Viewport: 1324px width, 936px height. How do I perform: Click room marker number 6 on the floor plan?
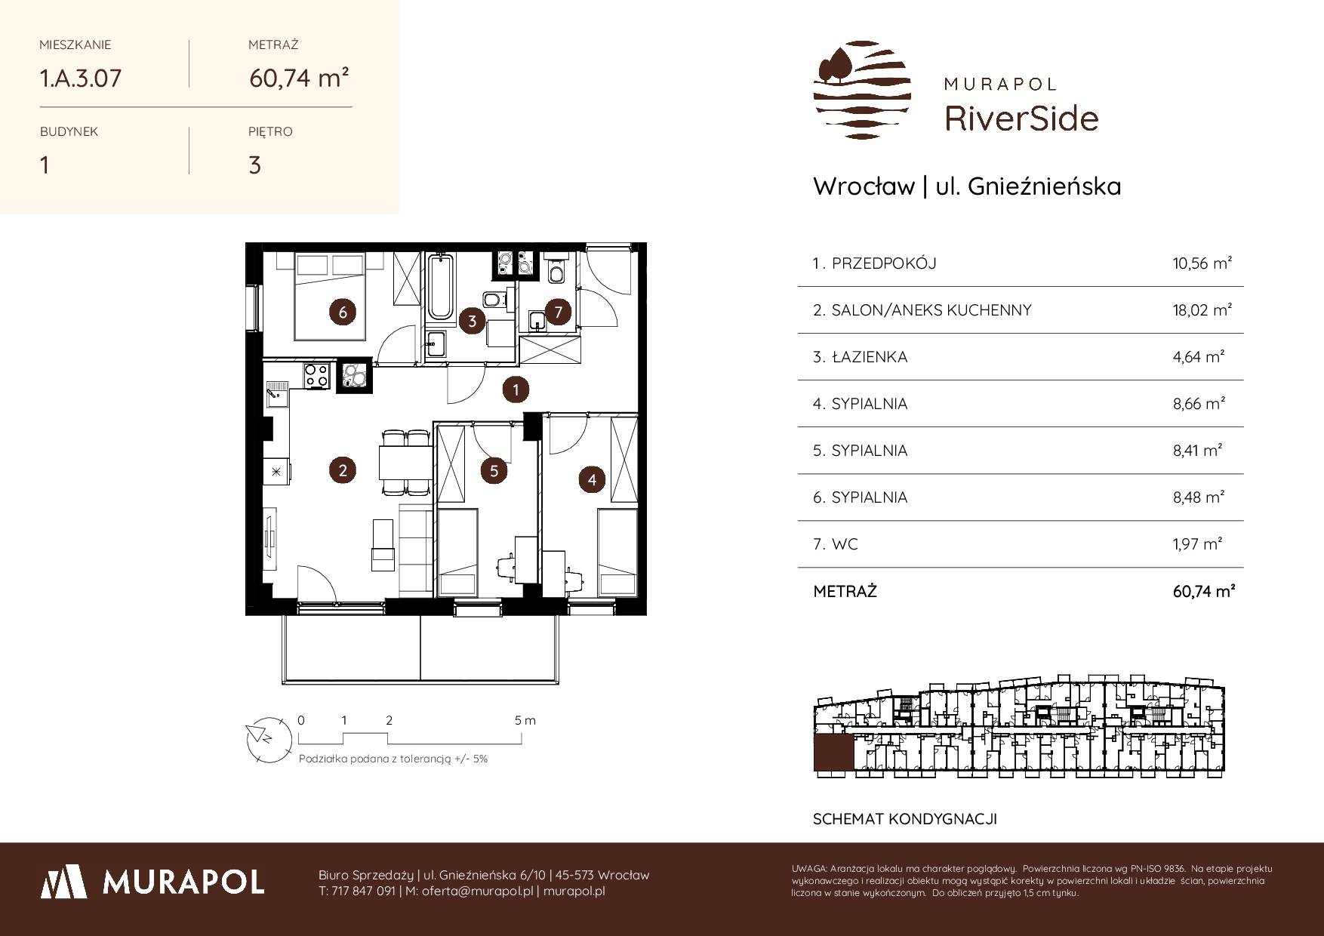tap(343, 312)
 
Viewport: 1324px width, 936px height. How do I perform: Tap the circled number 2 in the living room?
tap(343, 471)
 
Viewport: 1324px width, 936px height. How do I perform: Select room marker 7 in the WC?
tap(558, 312)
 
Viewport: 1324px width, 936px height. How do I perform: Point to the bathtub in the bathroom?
tap(439, 288)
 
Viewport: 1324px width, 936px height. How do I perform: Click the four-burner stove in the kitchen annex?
tap(316, 376)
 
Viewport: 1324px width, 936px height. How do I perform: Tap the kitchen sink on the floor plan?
tap(277, 392)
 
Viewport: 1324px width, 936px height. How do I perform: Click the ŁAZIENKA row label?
tap(869, 357)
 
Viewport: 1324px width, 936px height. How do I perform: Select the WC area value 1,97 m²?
tap(1199, 544)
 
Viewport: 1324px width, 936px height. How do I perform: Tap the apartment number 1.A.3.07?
tap(80, 78)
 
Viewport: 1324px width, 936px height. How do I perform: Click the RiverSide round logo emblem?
tap(861, 90)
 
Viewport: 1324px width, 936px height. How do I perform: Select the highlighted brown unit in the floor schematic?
tap(833, 754)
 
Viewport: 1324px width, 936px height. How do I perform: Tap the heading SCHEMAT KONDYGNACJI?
tap(905, 819)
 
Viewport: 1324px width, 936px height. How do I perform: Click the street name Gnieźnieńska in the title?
tap(1045, 186)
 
